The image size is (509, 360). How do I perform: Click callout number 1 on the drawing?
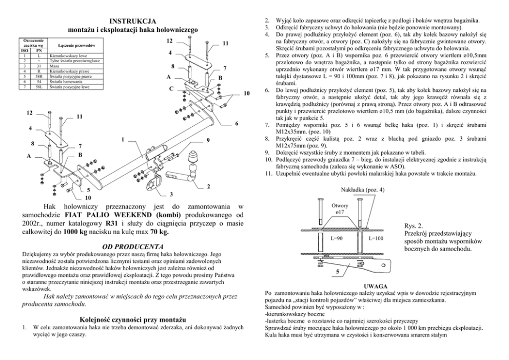(123, 139)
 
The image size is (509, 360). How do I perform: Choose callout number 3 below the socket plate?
(171, 194)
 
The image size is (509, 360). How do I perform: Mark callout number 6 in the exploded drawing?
(237, 123)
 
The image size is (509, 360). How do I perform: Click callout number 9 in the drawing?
(207, 140)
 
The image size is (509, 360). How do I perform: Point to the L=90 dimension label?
(337, 238)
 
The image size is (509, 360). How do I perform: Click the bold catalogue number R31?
(111, 223)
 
